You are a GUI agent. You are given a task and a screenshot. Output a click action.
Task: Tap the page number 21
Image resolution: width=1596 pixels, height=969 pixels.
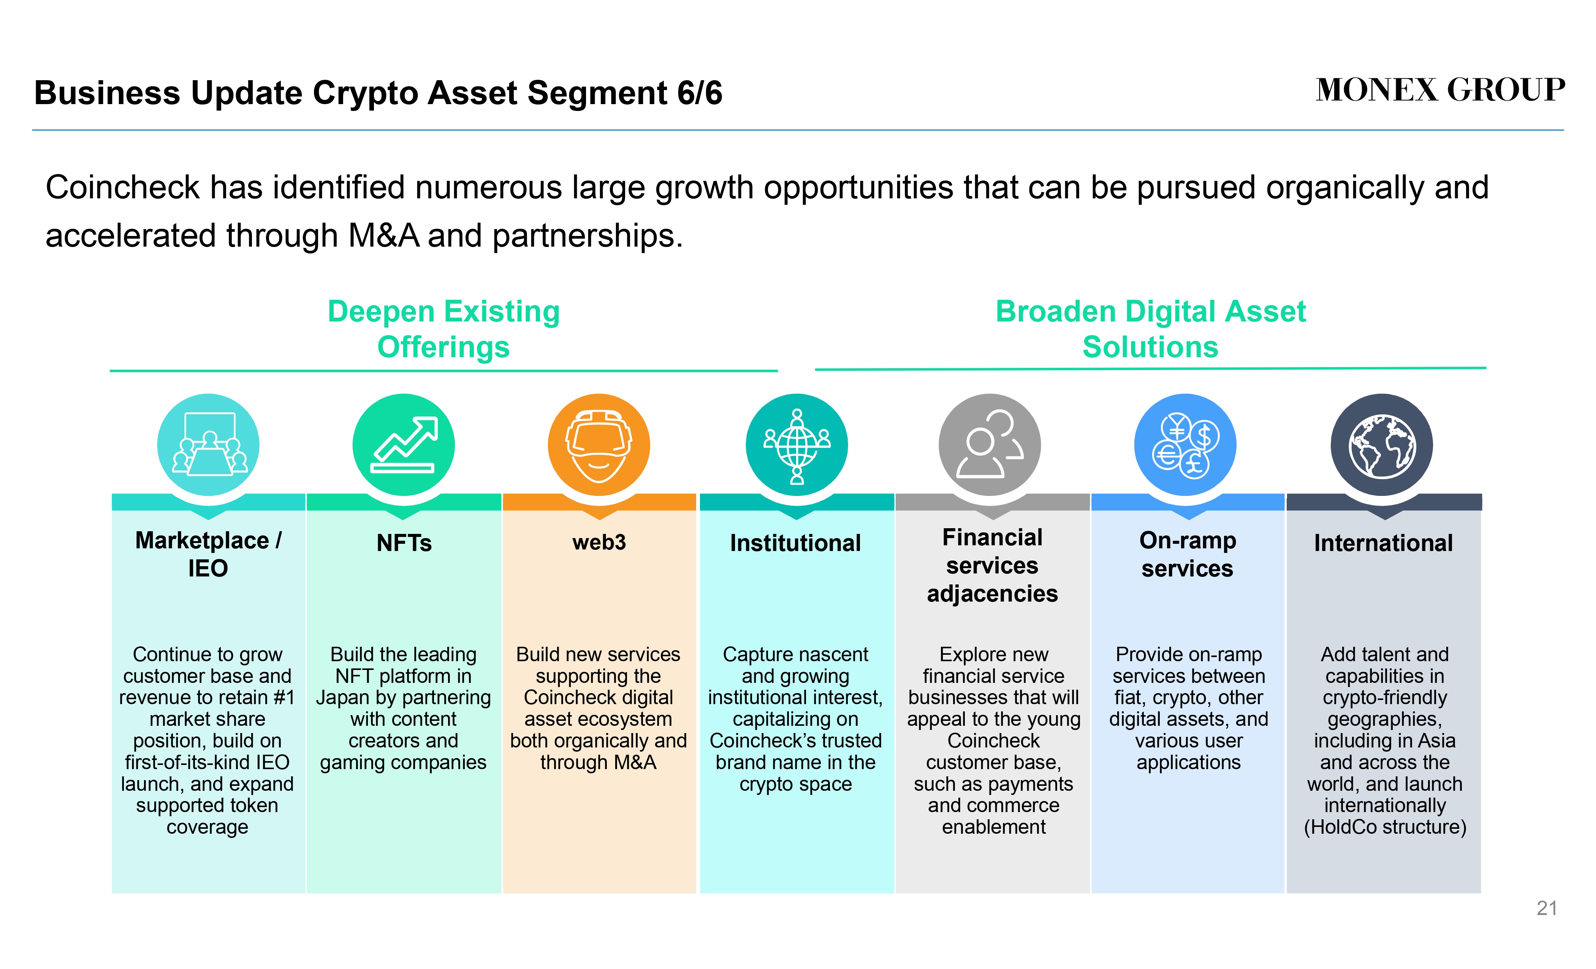[x=1547, y=908]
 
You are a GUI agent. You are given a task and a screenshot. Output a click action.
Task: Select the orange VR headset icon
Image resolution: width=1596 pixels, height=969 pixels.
[x=598, y=445]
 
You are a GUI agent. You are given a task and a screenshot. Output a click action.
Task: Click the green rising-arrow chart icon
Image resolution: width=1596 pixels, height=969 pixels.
[x=404, y=445]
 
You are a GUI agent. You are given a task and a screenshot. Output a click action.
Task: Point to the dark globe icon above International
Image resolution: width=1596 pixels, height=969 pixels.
[x=1382, y=445]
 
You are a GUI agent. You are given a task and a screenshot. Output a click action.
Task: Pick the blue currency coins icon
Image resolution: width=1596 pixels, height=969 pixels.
[x=1185, y=445]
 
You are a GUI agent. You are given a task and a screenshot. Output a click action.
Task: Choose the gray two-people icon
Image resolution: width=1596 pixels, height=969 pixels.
[x=990, y=445]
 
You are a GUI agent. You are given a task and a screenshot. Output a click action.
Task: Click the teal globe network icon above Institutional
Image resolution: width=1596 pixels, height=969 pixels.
[x=797, y=445]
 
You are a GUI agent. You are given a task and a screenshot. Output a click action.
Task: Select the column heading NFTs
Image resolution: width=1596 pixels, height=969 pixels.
[x=404, y=543]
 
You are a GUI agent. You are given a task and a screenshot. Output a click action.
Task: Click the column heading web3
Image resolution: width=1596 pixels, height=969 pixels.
[x=599, y=542]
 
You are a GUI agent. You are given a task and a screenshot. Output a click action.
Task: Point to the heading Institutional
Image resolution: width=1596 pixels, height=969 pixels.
[x=795, y=543]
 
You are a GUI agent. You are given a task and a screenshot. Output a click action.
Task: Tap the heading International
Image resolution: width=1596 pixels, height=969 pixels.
[x=1384, y=543]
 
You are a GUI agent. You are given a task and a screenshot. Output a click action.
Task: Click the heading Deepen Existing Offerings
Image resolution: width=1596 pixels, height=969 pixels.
[x=444, y=329]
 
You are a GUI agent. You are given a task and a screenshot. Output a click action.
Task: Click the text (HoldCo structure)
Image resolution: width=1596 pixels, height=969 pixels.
[x=1385, y=827]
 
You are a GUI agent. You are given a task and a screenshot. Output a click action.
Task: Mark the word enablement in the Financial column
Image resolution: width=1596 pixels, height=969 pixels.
[x=994, y=827]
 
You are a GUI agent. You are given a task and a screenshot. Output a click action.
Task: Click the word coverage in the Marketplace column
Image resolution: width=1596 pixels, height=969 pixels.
[x=207, y=828]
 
